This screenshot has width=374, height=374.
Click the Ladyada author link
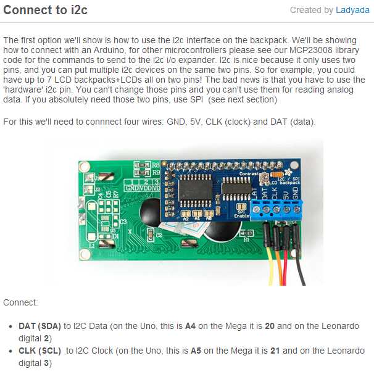pos(352,10)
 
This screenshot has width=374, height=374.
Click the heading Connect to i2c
pos(45,10)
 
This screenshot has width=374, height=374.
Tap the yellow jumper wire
pos(270,265)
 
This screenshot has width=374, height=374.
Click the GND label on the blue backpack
pos(295,193)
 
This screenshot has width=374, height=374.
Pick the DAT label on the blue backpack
pos(265,194)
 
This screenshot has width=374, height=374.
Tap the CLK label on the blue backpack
pos(275,194)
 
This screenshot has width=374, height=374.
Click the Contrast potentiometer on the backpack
pos(264,178)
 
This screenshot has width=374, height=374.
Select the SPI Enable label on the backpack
pos(241,214)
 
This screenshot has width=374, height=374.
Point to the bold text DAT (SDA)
pos(40,326)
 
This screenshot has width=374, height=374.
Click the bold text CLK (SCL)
pos(40,351)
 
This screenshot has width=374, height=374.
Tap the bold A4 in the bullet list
pos(190,326)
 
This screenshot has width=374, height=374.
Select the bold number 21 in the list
pos(275,351)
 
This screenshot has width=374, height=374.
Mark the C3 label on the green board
pos(123,222)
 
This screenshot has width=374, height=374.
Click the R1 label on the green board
pos(246,239)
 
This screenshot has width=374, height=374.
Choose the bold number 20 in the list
pos(270,326)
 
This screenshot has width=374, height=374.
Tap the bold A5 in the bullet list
pos(196,351)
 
